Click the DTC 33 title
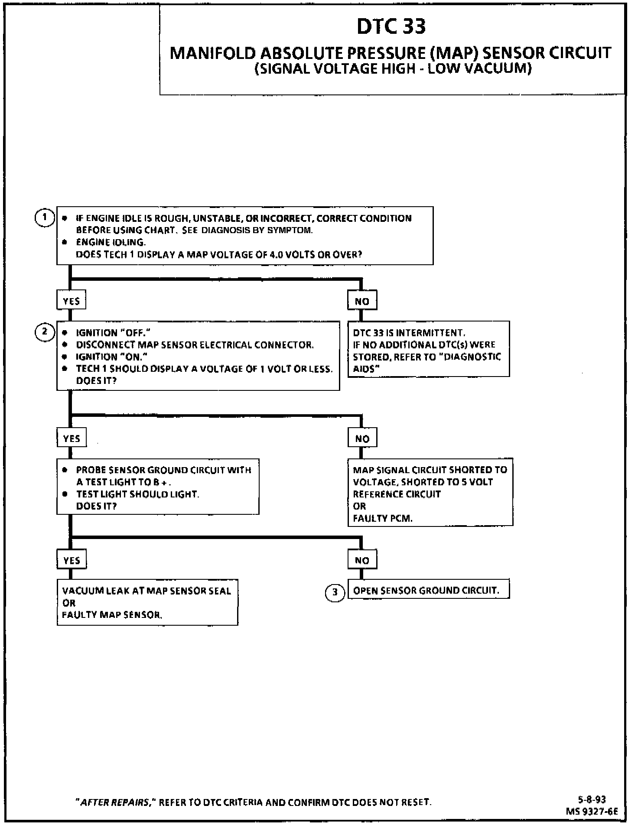click(x=391, y=26)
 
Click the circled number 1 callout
click(x=44, y=218)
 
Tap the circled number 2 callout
click(x=44, y=332)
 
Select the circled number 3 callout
click(x=335, y=592)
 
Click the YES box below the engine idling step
click(x=71, y=301)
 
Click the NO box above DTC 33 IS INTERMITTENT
click(x=362, y=301)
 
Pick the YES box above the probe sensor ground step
click(x=72, y=438)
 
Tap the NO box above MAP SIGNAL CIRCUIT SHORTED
click(x=362, y=438)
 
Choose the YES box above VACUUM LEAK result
click(x=72, y=560)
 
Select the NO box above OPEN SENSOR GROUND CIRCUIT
click(x=362, y=560)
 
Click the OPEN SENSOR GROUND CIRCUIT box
click(x=428, y=590)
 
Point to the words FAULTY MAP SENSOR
click(x=112, y=614)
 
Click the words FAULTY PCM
click(x=383, y=518)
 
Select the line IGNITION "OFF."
click(x=113, y=333)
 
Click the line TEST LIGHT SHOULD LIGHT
click(x=138, y=494)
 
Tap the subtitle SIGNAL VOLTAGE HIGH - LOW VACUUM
click(x=393, y=69)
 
